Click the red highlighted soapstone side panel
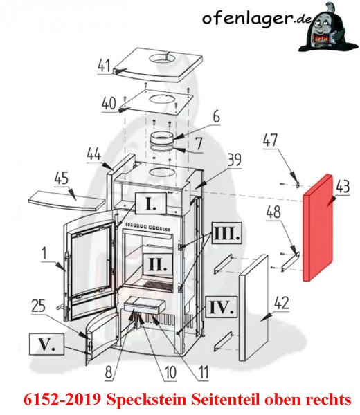pyautogui.click(x=318, y=228)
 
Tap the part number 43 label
pyautogui.click(x=343, y=186)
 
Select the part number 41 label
pyautogui.click(x=104, y=66)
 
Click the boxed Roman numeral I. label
pyautogui.click(x=151, y=203)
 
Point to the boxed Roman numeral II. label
pyautogui.click(x=158, y=264)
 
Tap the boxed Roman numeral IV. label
pyautogui.click(x=222, y=307)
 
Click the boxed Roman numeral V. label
pyautogui.click(x=47, y=344)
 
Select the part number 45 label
pyautogui.click(x=62, y=178)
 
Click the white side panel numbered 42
pyautogui.click(x=253, y=308)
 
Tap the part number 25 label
pyautogui.click(x=38, y=306)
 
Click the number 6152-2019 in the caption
pyautogui.click(x=62, y=399)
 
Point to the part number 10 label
pyautogui.click(x=170, y=373)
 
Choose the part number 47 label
pyautogui.click(x=270, y=140)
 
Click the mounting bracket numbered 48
pyautogui.click(x=290, y=261)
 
